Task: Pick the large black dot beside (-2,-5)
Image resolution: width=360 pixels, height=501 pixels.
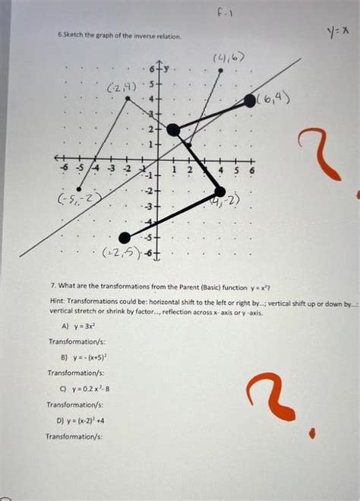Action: coord(125,237)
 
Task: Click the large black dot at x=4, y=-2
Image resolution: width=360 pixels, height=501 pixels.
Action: coord(220,192)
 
